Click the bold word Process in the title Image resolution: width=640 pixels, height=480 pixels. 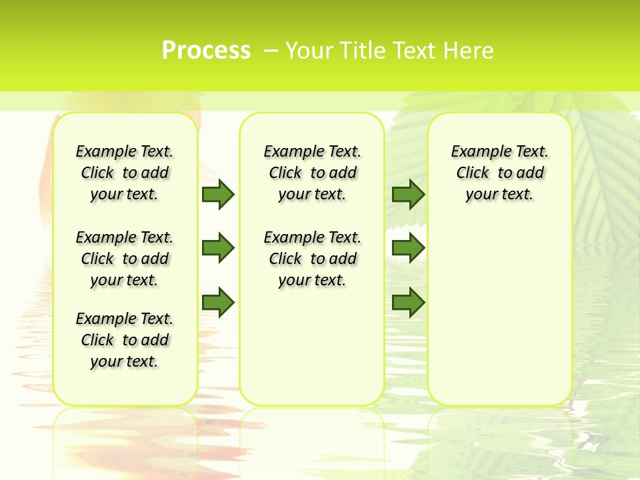point(206,51)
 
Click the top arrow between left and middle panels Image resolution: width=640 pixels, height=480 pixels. point(218,194)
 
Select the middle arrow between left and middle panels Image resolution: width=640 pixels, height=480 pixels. point(218,248)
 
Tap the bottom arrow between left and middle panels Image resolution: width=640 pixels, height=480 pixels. point(218,303)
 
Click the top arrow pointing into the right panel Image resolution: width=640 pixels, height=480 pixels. point(408,194)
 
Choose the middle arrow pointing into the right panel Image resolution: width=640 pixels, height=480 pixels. point(408,248)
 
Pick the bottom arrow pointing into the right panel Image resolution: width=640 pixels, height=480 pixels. point(408,303)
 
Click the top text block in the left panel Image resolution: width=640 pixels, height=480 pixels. point(125,173)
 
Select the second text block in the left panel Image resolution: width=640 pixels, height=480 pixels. point(125,259)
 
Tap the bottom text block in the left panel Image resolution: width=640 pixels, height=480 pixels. point(125,340)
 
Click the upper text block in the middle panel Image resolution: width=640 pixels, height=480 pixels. point(312,173)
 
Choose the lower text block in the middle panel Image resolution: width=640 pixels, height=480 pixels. point(312,259)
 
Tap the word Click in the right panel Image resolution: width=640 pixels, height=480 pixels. point(473,173)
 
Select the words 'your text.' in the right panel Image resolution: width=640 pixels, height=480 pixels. point(499,194)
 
